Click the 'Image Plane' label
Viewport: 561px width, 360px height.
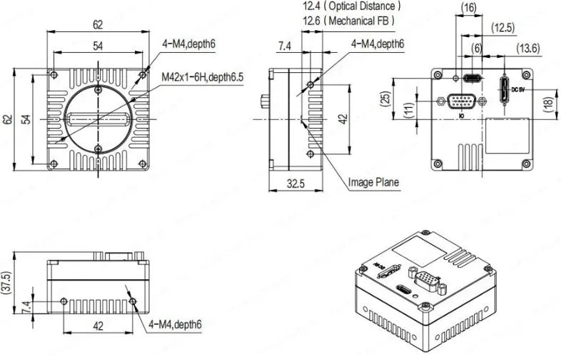(373, 182)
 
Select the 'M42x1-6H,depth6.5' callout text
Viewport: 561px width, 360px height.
(203, 76)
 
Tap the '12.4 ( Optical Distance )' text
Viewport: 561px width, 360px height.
(351, 6)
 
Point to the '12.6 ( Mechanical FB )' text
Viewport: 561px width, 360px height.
(348, 21)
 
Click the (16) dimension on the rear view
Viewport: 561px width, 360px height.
(468, 8)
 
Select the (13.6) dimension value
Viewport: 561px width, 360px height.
(529, 48)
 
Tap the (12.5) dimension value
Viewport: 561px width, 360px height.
(503, 28)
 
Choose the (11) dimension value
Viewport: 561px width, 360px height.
(408, 109)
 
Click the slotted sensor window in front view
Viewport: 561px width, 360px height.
(98, 118)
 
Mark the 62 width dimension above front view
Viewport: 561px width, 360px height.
(98, 24)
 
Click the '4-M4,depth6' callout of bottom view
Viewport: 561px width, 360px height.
(176, 324)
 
